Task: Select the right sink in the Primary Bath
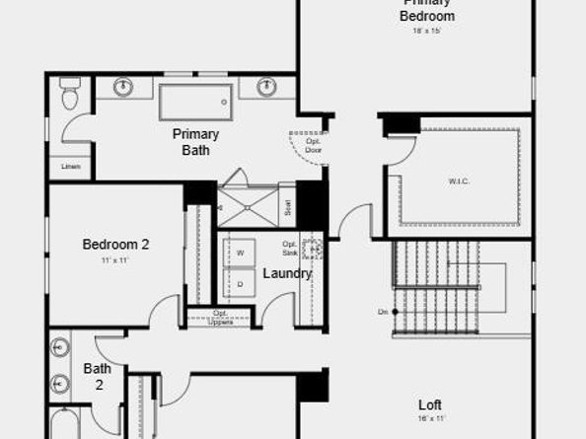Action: [x=266, y=88]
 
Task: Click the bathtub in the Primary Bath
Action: [x=195, y=101]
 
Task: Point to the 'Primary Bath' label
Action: [x=195, y=142]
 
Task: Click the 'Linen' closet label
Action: [x=69, y=166]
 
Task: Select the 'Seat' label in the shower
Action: [x=287, y=207]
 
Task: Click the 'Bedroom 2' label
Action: [x=115, y=244]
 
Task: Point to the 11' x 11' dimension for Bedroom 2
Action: [x=115, y=260]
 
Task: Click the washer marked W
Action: [x=239, y=254]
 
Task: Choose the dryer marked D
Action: [x=239, y=284]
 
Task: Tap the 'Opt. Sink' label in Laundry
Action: [x=289, y=249]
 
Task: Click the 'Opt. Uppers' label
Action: [x=220, y=318]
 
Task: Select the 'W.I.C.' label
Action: [x=457, y=181]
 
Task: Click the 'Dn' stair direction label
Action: [x=382, y=312]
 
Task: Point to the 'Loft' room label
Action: [x=429, y=404]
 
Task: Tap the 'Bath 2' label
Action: [x=97, y=376]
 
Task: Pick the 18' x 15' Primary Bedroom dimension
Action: [x=426, y=31]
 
